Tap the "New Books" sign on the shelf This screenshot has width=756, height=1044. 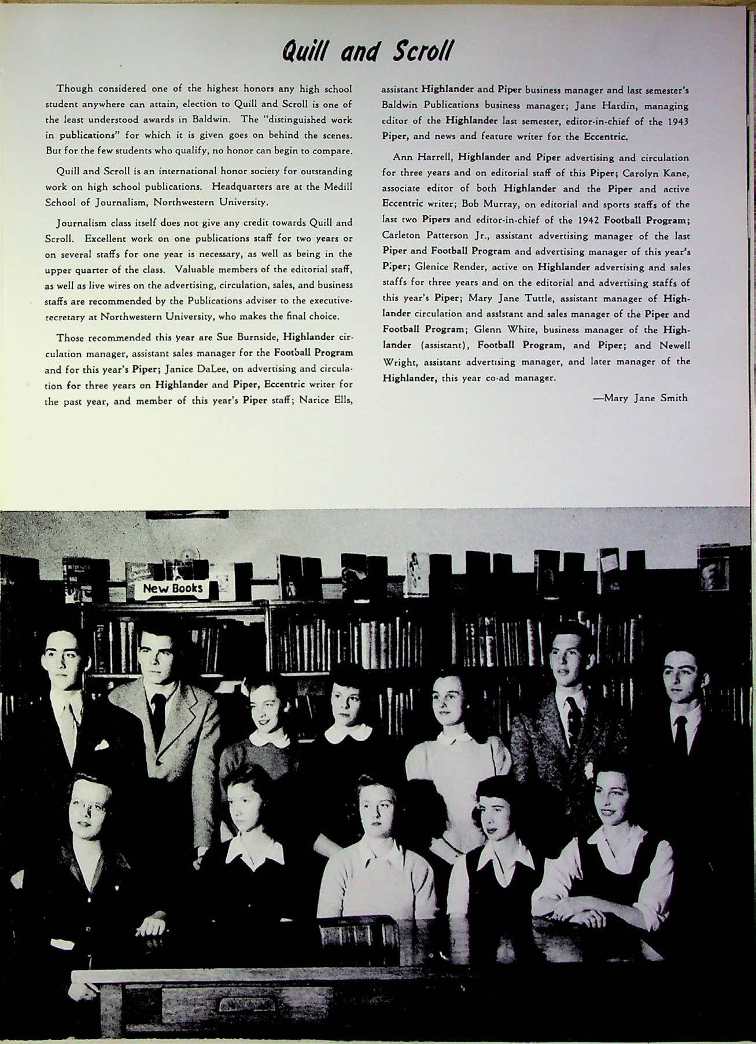[172, 589]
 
